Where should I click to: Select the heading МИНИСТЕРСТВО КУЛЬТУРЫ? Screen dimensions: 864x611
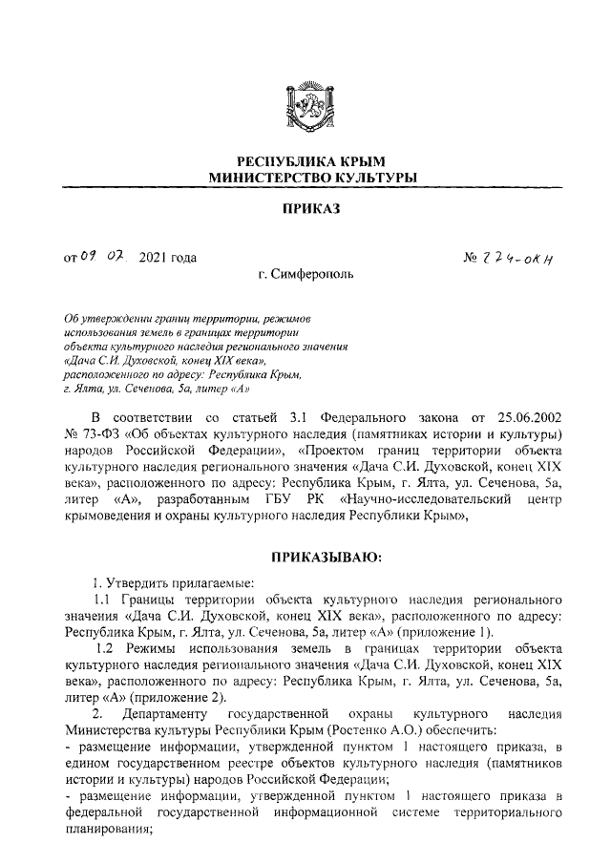(x=305, y=179)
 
